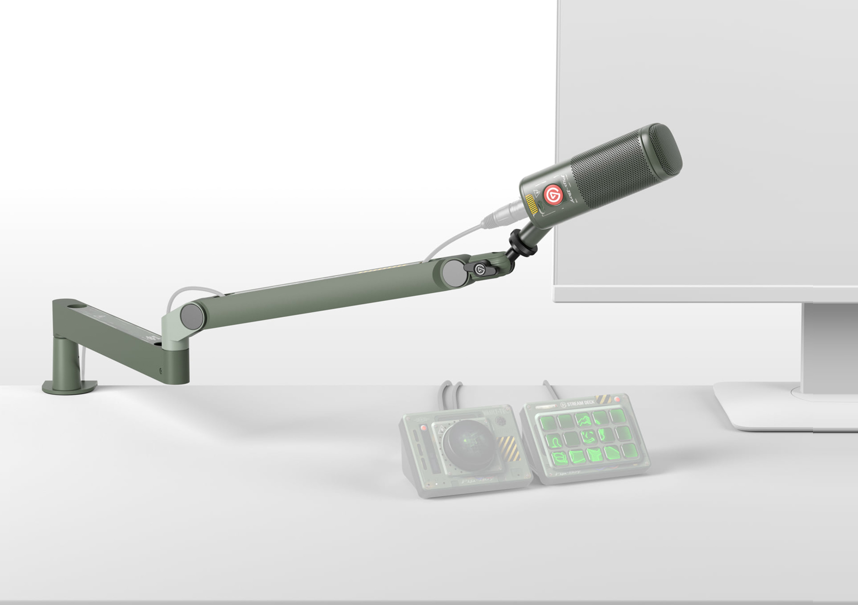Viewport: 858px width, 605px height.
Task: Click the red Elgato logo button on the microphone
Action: (553, 194)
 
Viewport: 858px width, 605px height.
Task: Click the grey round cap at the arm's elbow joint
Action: (192, 317)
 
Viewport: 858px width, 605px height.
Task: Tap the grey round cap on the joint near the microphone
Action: (454, 273)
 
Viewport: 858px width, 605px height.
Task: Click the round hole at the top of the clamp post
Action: (77, 306)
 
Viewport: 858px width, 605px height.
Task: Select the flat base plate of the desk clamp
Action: (70, 387)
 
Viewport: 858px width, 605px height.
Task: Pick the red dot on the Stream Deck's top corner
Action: (617, 399)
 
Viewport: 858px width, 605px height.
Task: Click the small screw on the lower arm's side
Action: (161, 371)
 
